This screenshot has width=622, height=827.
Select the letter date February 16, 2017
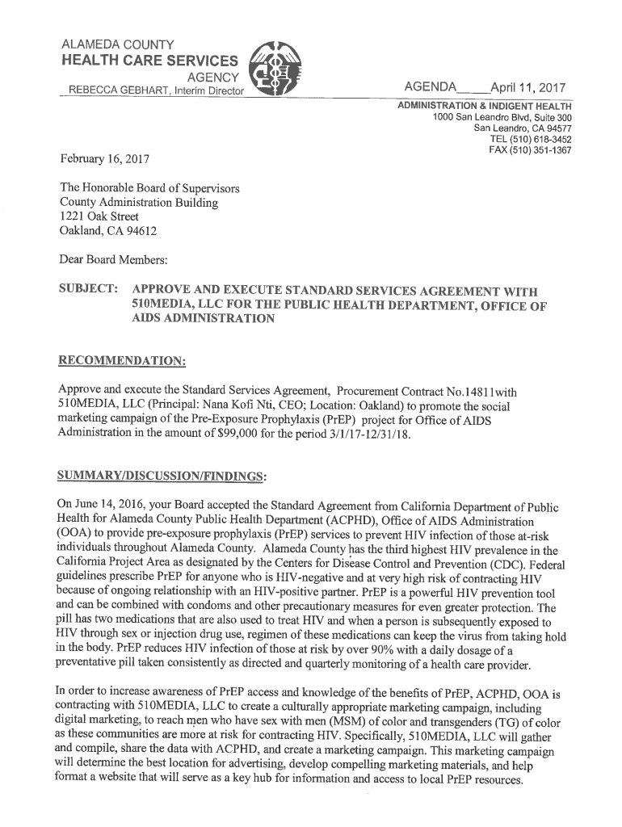[x=103, y=160]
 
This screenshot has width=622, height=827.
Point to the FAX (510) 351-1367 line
[x=530, y=150]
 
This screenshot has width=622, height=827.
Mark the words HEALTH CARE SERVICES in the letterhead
[x=150, y=61]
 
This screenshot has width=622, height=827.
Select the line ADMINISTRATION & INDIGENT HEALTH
[x=484, y=107]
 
